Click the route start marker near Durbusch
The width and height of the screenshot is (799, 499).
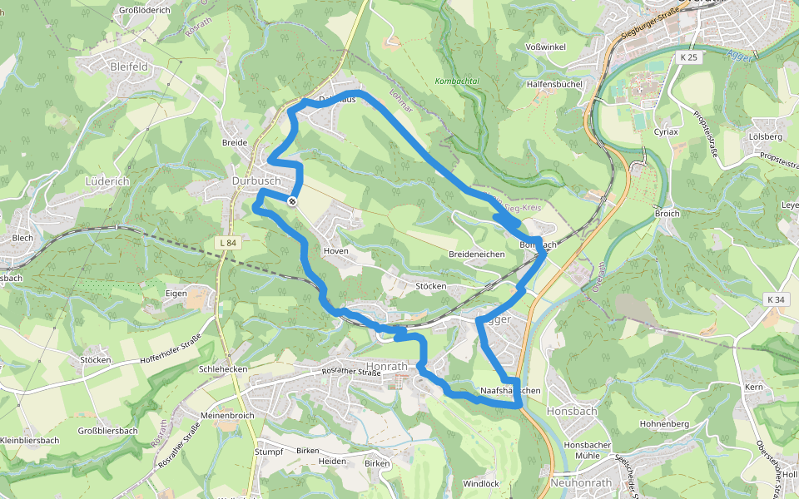point(292,200)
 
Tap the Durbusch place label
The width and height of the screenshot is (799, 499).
point(256,180)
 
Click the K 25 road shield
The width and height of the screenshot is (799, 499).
point(688,57)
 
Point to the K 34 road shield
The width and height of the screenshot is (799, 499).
point(777,299)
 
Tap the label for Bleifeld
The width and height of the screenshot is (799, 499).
point(129,65)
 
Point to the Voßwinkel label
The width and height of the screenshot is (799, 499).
point(546,47)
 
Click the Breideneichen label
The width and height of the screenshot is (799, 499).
point(477,254)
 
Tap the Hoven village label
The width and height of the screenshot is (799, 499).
point(336,250)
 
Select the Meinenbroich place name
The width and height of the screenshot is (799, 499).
point(227,414)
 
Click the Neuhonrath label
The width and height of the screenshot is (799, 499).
point(581,483)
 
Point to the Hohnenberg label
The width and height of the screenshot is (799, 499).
point(664,424)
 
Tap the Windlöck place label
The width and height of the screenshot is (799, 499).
point(480,483)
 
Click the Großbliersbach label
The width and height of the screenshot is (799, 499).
point(107,431)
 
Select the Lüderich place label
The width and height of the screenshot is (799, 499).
point(108,180)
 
